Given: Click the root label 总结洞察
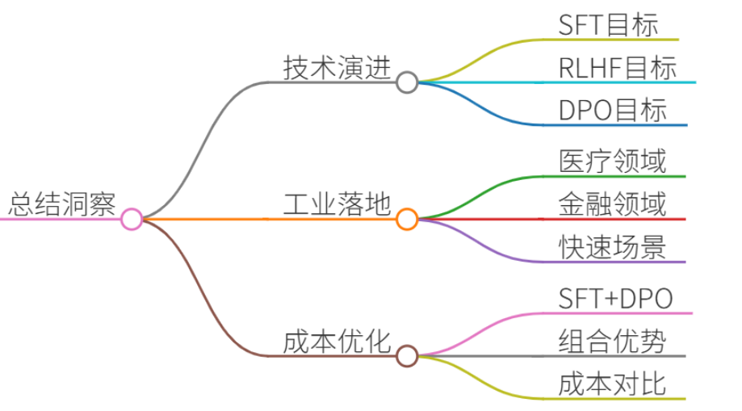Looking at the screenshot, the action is [x=62, y=204].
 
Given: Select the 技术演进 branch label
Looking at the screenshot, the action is [x=337, y=68].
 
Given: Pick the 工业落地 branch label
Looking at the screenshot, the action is [x=337, y=204].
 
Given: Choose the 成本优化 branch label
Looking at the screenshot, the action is [x=337, y=342].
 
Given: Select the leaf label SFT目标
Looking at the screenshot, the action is [x=608, y=25].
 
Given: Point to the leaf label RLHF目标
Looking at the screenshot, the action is [x=618, y=68].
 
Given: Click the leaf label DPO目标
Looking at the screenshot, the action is [x=613, y=111].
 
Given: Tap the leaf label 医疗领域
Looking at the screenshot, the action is [x=612, y=161].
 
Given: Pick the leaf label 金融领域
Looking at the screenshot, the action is [x=612, y=204].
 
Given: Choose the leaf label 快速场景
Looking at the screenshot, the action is [x=612, y=247].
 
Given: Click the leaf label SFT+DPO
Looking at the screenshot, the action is [x=616, y=299].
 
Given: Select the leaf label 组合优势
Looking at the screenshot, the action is [x=612, y=341].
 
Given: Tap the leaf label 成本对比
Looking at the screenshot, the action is [x=612, y=384].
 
